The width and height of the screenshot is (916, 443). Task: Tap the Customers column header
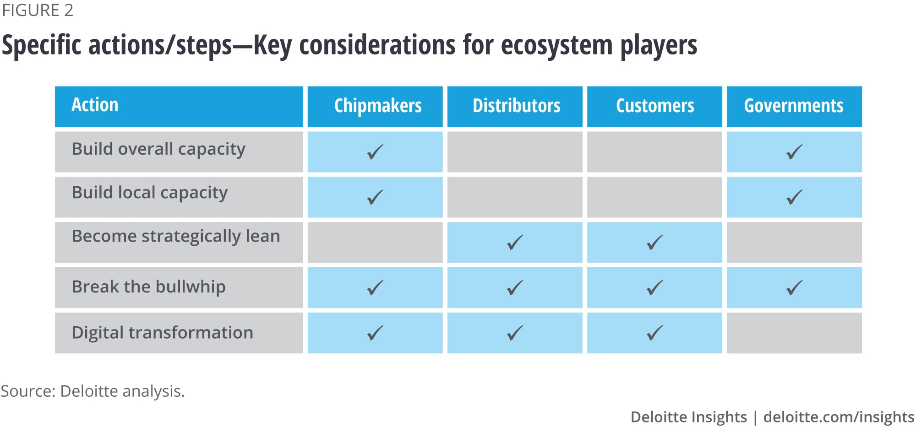click(x=655, y=106)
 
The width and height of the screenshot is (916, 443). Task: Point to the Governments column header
click(x=794, y=106)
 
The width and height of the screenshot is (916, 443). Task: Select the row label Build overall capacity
click(x=158, y=149)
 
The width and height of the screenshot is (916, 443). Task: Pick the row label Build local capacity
click(x=150, y=193)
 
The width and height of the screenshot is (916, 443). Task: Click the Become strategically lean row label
click(x=176, y=236)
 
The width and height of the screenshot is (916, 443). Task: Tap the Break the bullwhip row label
click(x=149, y=286)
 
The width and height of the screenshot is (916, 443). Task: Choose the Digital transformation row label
click(x=163, y=332)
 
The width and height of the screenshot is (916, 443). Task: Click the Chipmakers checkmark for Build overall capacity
click(x=375, y=152)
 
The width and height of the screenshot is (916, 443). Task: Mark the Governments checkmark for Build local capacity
click(x=794, y=197)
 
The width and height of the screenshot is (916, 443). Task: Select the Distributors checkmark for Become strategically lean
click(x=515, y=243)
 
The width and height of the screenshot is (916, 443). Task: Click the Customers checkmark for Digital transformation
click(x=654, y=333)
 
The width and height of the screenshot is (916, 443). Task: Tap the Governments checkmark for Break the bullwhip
click(x=794, y=288)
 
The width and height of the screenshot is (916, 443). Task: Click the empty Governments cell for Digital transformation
click(x=794, y=333)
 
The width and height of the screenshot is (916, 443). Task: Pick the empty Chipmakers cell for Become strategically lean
click(x=375, y=243)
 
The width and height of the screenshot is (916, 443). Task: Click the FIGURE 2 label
click(x=38, y=10)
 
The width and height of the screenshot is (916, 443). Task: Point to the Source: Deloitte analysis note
click(x=93, y=391)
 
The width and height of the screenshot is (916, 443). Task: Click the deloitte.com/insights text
click(x=839, y=417)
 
